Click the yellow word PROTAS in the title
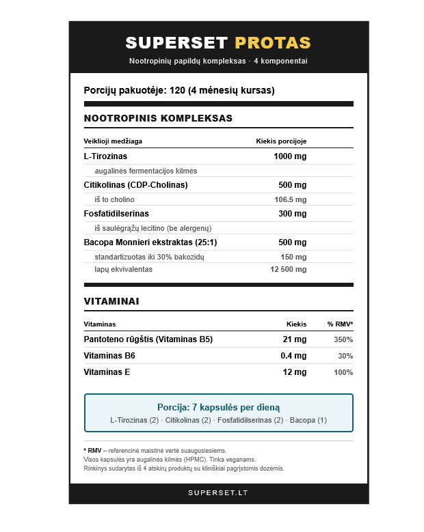[x=272, y=43]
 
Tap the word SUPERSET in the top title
[x=176, y=43]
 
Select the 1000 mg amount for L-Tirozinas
[x=290, y=156]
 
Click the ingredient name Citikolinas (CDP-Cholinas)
[x=135, y=185]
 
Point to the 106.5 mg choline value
[x=290, y=199]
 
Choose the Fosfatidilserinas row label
[x=116, y=214]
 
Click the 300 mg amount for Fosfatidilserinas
[x=292, y=214]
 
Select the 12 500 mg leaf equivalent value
[x=289, y=269]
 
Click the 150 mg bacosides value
[x=293, y=257]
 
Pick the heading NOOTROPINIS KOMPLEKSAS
[x=158, y=118]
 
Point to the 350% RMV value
[x=343, y=339]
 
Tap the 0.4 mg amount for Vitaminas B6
[x=293, y=356]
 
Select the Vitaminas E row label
[x=107, y=372]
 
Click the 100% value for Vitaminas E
[x=343, y=372]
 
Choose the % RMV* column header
[x=340, y=324]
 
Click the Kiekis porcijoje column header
[x=281, y=141]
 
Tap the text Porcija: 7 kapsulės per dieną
[x=218, y=407]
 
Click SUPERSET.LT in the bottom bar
[x=218, y=492]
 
